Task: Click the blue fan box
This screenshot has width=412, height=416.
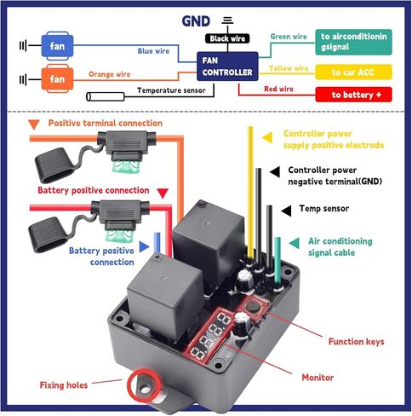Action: coord(57,46)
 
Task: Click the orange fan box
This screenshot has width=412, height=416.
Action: coord(57,78)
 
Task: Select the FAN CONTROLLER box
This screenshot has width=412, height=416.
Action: coord(227,66)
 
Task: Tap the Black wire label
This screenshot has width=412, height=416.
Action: coord(227,38)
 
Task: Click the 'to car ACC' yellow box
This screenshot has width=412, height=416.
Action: coord(353,72)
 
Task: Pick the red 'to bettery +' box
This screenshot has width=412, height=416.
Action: coord(353,95)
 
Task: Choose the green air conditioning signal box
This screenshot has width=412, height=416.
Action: coord(353,42)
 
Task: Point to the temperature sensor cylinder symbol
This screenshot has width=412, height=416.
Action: coord(106,96)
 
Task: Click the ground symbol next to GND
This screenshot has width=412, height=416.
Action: coord(227,20)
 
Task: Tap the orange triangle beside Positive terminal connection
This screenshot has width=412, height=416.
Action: coord(34,124)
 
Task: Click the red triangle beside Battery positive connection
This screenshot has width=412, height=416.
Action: coord(163,193)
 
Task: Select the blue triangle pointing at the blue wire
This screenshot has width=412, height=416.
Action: coord(144,246)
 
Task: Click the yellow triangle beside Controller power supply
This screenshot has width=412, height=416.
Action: coord(267,137)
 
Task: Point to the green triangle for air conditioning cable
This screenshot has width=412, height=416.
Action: coord(295,243)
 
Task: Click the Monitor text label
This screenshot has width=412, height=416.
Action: coord(318,378)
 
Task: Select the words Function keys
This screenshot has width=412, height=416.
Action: coord(356,341)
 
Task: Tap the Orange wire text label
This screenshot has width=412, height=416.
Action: coord(109,74)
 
